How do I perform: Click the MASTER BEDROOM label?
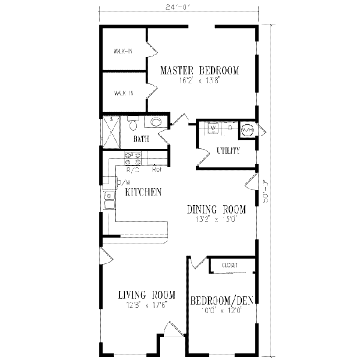tap(199, 71)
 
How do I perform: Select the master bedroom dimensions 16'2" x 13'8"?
tap(199, 81)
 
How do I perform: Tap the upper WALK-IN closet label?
tap(123, 52)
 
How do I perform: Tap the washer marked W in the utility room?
tap(212, 128)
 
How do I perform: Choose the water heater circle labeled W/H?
tap(247, 128)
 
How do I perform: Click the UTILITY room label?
tap(227, 151)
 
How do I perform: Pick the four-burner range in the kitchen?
tap(133, 158)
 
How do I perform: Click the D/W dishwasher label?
tap(124, 182)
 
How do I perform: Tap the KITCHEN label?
tap(143, 193)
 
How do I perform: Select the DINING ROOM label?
tap(216, 209)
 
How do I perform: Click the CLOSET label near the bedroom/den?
tap(230, 265)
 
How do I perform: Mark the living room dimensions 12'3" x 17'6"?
tap(146, 305)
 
